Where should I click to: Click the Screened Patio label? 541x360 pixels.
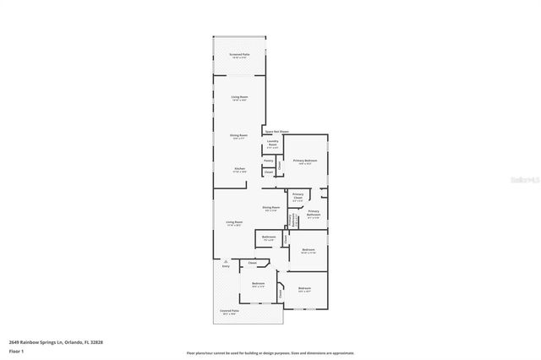(x=238, y=55)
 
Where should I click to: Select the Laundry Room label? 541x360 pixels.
(x=272, y=143)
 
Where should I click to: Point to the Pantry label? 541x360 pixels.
(x=268, y=160)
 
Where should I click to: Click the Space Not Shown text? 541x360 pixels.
(x=276, y=132)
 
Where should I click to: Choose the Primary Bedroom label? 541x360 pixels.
(x=304, y=161)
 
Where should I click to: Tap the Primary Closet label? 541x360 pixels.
(x=298, y=196)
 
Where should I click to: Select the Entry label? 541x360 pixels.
(x=226, y=266)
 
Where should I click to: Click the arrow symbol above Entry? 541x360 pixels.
(x=226, y=260)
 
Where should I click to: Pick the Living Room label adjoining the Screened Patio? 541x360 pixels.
(x=239, y=98)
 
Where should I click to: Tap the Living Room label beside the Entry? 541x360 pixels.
(x=234, y=223)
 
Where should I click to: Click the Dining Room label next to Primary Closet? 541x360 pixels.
(x=270, y=208)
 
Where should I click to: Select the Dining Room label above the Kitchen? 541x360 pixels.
(x=239, y=135)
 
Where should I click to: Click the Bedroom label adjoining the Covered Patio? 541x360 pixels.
(x=258, y=284)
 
